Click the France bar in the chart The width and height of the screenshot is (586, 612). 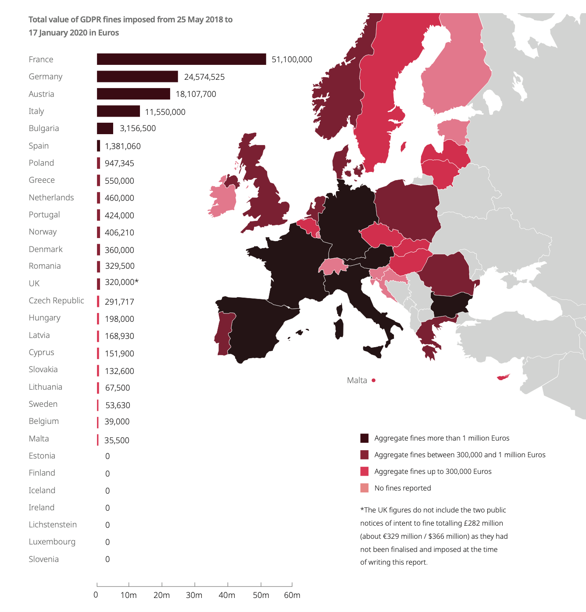(x=181, y=59)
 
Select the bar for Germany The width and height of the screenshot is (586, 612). (x=137, y=77)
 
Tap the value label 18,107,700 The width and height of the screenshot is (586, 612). (x=196, y=94)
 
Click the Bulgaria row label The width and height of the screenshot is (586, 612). (x=43, y=128)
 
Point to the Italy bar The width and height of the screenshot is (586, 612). (x=118, y=111)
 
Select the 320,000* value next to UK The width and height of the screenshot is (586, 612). (x=121, y=282)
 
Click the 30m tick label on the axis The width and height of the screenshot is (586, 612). (x=194, y=595)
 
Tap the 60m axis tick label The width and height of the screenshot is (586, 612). (x=292, y=595)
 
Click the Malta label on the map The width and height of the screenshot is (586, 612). (x=357, y=381)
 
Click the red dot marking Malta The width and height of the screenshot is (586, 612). (x=374, y=381)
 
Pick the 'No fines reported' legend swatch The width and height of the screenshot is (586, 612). (x=364, y=488)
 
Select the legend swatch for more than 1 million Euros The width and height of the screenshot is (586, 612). (x=364, y=438)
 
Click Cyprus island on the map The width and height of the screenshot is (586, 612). (x=503, y=377)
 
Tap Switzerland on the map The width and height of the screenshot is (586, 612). (x=332, y=266)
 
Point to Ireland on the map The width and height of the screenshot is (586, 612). (x=222, y=199)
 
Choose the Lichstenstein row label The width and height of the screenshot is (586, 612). (x=53, y=525)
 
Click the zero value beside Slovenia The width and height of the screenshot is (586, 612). (x=107, y=559)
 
